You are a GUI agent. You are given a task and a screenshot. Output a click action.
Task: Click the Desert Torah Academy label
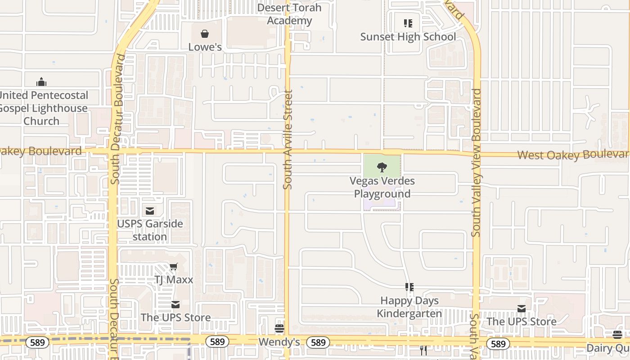coord(289,14)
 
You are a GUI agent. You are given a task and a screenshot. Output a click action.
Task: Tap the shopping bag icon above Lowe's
coord(205,34)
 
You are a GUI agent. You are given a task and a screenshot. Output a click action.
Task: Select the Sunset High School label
coord(408,37)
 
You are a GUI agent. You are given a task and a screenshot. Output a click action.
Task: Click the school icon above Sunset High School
coord(408,23)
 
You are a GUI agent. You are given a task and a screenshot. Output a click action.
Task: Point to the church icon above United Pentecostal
coord(41,82)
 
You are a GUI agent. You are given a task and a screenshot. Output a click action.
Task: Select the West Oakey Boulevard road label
coord(572,155)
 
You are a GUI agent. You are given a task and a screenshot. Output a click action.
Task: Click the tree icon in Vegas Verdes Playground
coord(382,168)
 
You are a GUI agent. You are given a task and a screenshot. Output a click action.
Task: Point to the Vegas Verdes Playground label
coord(382,187)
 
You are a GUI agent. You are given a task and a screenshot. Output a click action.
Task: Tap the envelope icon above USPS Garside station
coord(150,211)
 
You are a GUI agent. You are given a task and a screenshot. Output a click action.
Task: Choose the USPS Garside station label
coord(150,230)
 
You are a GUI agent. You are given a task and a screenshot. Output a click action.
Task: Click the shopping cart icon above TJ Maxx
coord(174,267)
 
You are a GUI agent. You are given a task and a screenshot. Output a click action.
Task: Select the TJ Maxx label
coord(174,280)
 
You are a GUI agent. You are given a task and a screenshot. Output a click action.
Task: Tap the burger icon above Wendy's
coord(279,328)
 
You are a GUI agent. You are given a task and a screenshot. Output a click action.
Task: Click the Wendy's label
coord(279,342)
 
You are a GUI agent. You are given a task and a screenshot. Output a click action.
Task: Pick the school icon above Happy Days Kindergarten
coord(409,287)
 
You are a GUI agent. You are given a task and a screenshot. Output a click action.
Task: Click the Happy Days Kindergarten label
coord(409,307)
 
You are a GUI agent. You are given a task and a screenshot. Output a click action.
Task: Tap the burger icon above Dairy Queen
coord(617,334)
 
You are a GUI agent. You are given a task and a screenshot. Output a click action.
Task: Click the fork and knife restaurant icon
coord(423,351)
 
